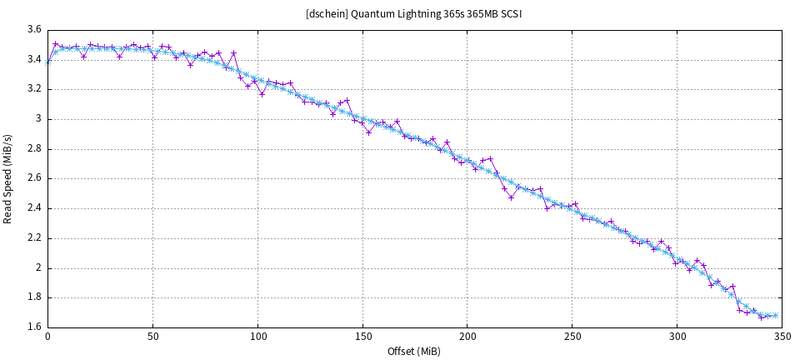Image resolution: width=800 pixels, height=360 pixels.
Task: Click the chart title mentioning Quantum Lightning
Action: tap(414, 13)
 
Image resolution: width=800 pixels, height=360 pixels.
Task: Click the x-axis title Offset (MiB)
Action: tap(414, 351)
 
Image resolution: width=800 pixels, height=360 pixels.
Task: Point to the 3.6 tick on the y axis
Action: tap(34, 29)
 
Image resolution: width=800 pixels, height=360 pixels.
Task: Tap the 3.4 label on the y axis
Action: tap(34, 59)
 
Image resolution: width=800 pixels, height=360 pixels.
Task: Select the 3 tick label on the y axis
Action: tap(38, 119)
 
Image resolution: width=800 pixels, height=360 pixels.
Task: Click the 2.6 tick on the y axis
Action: tap(34, 178)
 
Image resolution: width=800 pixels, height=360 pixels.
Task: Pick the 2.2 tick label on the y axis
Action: tap(34, 238)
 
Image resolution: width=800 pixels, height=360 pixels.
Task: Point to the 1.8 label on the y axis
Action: tap(34, 297)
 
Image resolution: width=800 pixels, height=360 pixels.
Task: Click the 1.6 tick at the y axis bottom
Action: tap(34, 327)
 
